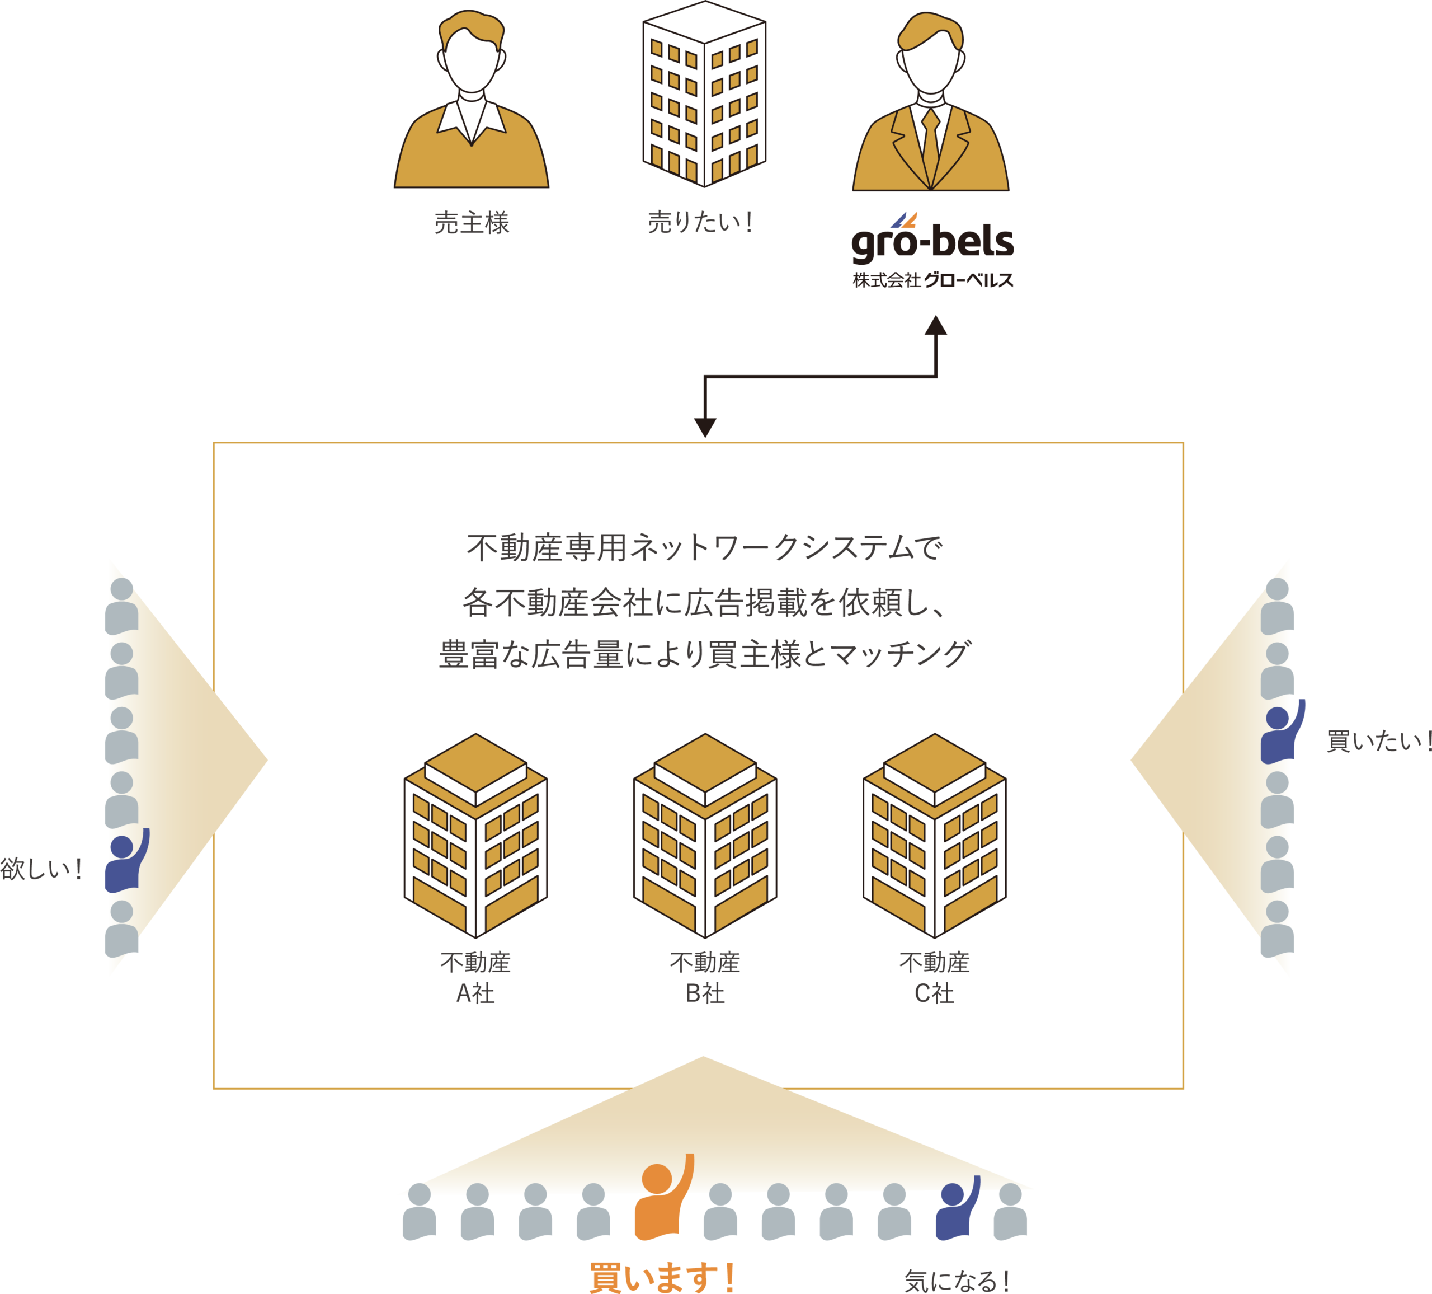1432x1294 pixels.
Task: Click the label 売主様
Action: [472, 223]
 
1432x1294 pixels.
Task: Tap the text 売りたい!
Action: [700, 223]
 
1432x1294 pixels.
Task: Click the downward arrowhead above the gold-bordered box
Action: [705, 428]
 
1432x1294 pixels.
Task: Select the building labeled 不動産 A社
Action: [475, 836]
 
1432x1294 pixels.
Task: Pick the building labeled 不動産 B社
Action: [705, 836]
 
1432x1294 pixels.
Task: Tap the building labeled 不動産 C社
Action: [934, 836]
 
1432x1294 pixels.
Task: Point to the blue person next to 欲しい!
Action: [125, 862]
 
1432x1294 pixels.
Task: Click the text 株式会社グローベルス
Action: [932, 281]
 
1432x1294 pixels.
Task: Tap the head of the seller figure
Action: [471, 57]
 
